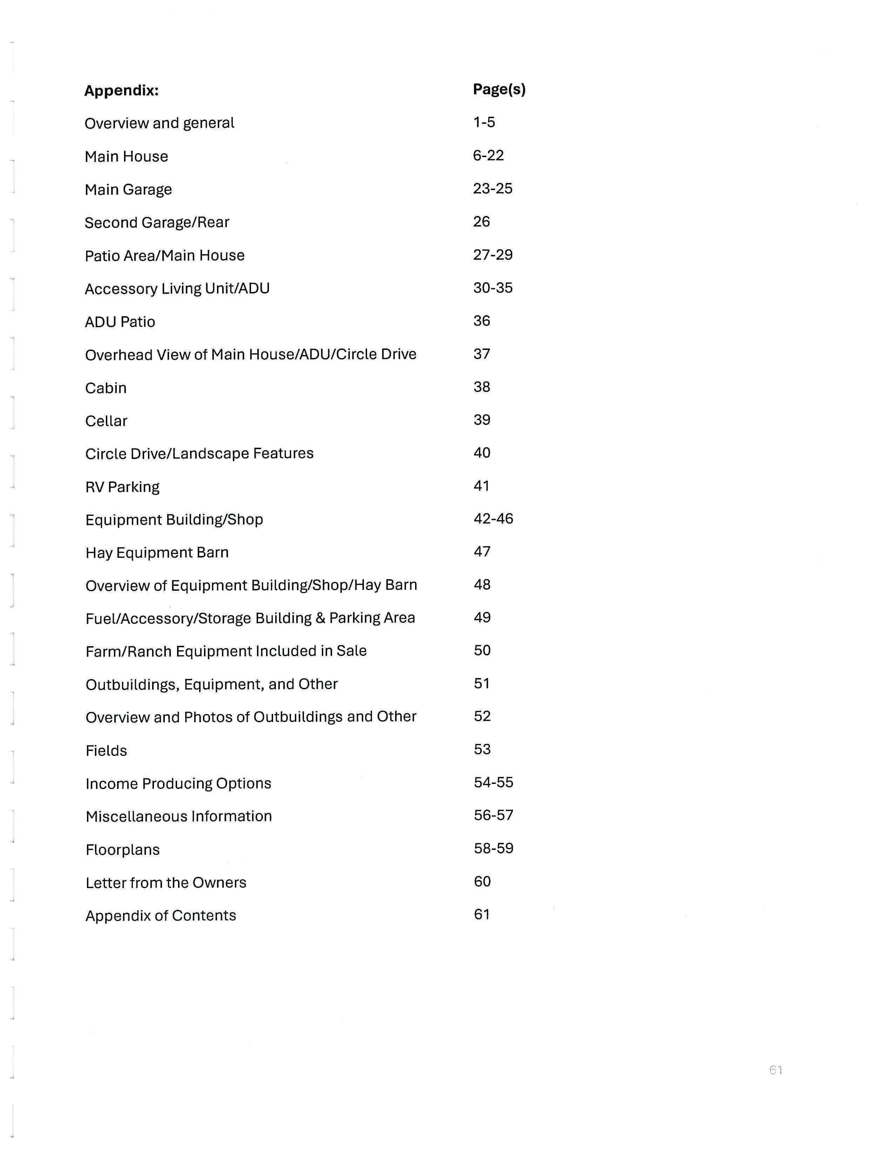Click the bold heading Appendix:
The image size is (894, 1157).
point(121,90)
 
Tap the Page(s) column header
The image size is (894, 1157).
point(499,89)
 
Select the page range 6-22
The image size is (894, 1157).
point(488,155)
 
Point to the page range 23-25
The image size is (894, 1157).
point(493,189)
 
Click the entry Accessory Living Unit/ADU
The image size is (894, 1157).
point(177,288)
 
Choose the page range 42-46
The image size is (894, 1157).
point(493,518)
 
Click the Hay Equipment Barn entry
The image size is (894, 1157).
point(157,553)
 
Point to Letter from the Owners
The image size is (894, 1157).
point(166,882)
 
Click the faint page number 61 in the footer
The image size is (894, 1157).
point(776,1070)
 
